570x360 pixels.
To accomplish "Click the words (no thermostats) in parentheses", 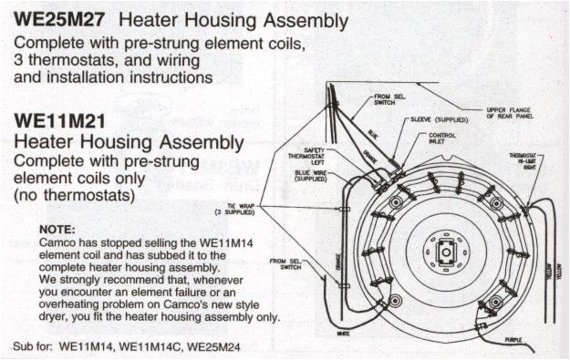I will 74,195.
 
